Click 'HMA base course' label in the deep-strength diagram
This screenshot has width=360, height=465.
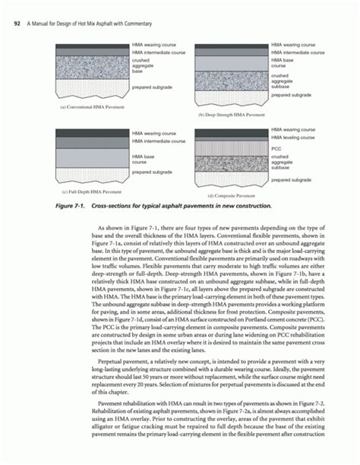284,63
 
